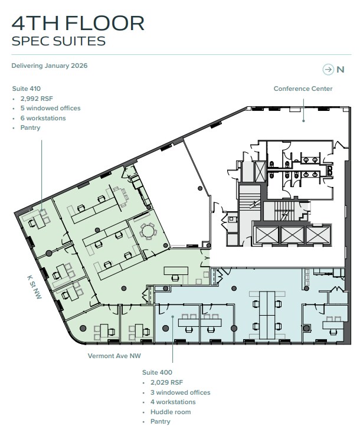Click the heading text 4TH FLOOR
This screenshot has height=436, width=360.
[78, 23]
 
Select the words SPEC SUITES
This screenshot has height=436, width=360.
[58, 41]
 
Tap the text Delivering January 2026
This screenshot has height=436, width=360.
[50, 65]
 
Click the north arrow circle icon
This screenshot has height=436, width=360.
[328, 70]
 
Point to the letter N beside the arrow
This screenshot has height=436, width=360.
[341, 70]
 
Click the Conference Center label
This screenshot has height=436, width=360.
[303, 88]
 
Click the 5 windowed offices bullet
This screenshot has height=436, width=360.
[50, 109]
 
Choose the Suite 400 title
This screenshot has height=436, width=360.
[157, 372]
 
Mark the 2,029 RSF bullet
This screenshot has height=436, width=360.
[168, 382]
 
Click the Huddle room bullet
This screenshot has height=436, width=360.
[171, 412]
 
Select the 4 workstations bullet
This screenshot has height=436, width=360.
[173, 402]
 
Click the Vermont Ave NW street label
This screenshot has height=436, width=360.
[114, 356]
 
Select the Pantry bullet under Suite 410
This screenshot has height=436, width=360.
[30, 127]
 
